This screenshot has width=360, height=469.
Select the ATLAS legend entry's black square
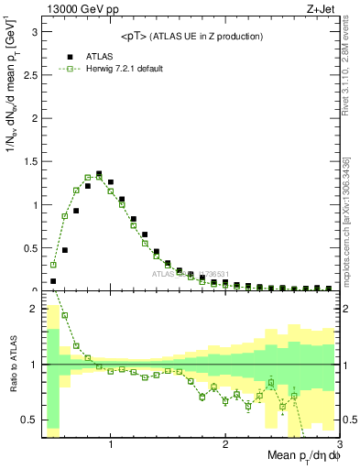coord(56,55)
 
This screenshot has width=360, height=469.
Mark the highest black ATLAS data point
coord(99,173)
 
